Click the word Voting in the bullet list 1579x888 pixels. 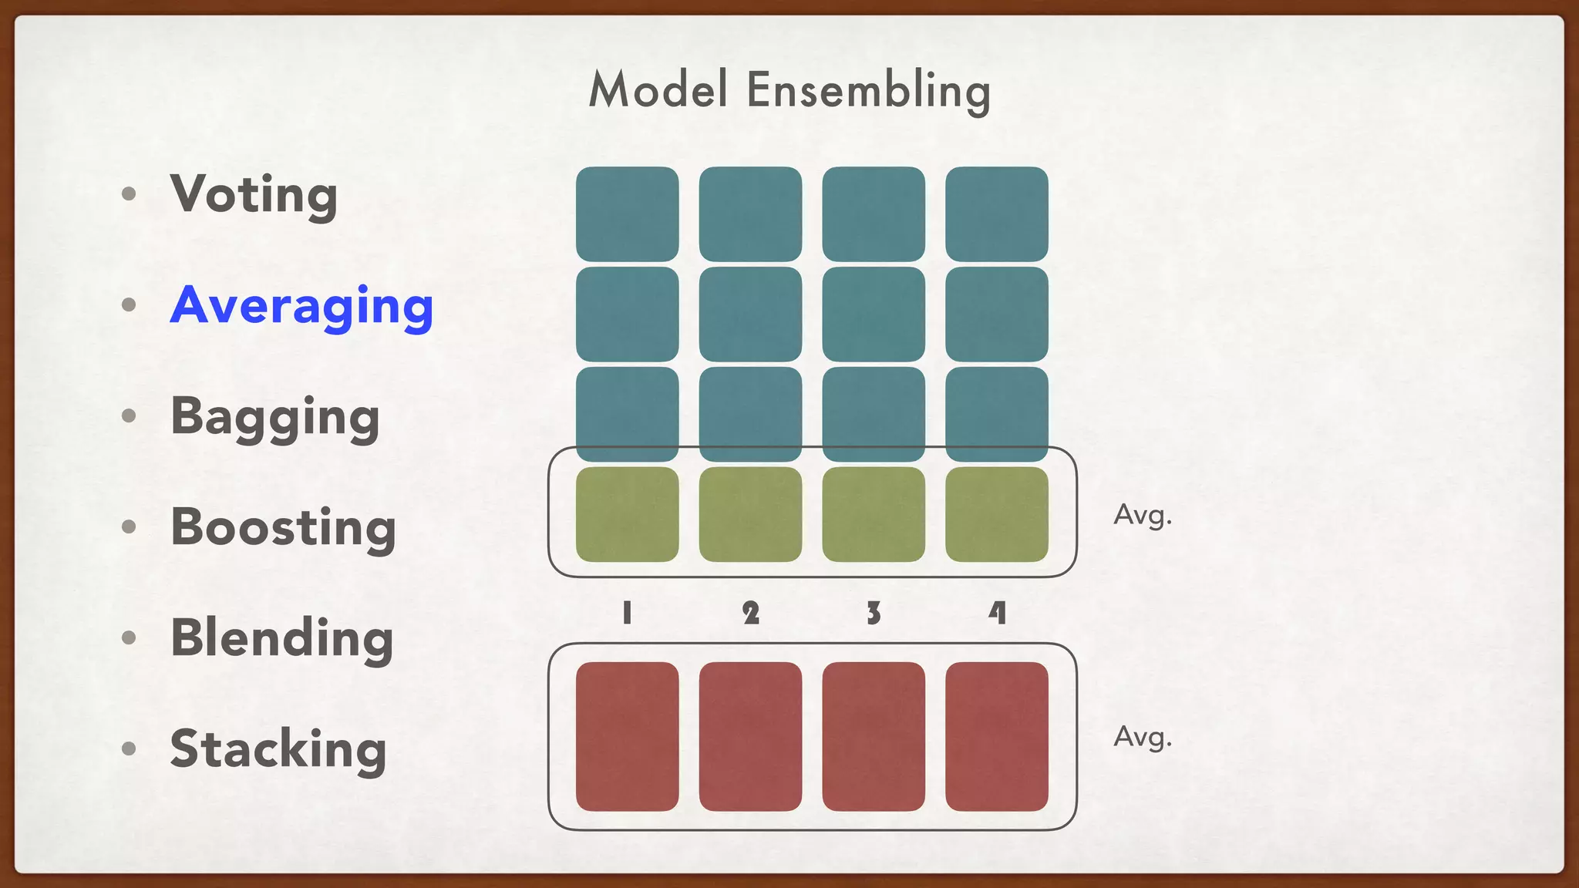point(254,194)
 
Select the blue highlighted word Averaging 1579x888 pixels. point(301,306)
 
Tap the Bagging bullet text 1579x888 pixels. point(274,417)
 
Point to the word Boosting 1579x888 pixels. point(283,528)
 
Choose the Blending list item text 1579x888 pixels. point(281,638)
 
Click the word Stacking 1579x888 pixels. point(278,749)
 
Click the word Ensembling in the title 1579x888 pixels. point(868,91)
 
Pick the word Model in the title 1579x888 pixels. point(658,89)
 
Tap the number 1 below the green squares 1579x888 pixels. point(627,614)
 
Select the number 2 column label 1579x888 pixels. point(750,614)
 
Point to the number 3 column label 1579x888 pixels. point(874,614)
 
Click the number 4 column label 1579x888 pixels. point(997,614)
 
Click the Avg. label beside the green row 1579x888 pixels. point(1143,515)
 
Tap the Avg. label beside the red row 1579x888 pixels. point(1143,737)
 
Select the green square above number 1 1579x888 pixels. point(627,514)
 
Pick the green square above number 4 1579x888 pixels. point(997,514)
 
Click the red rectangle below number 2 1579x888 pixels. point(750,736)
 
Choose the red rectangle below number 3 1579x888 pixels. point(874,736)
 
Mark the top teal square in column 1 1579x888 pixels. point(627,214)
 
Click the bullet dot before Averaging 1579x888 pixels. point(129,305)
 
